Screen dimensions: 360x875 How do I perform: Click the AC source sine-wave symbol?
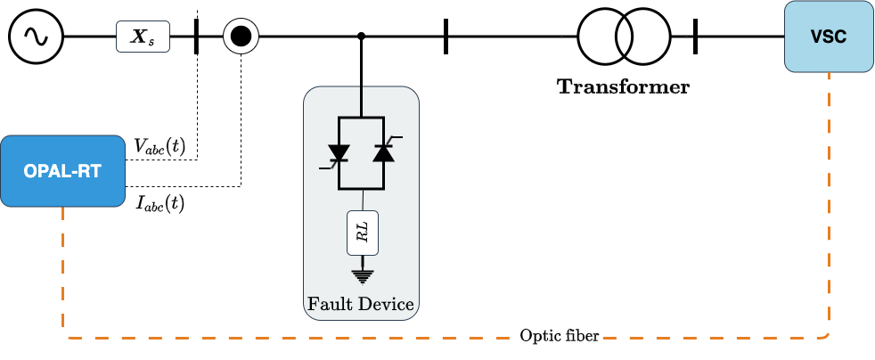tap(36, 37)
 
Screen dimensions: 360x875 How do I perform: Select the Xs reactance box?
tap(143, 37)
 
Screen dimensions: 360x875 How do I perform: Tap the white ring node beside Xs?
tap(241, 37)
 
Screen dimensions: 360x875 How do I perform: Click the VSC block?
tap(828, 37)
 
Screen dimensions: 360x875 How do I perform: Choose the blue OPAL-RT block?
tap(62, 170)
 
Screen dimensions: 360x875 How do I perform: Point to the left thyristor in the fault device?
tap(339, 153)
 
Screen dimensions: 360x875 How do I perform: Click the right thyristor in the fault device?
tap(383, 152)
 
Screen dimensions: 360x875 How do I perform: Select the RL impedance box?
tap(361, 233)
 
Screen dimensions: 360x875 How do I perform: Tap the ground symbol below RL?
tap(361, 274)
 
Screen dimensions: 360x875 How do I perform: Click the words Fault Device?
tap(361, 304)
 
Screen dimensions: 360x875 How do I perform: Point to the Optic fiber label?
tap(559, 336)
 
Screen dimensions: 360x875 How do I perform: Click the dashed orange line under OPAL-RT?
tap(63, 267)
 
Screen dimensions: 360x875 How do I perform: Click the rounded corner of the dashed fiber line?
tap(827, 335)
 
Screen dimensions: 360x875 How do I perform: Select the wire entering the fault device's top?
tap(361, 101)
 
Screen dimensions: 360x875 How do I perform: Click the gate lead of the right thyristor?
tap(396, 139)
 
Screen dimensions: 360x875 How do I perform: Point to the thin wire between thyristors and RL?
tap(361, 200)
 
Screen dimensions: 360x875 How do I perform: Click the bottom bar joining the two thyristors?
tap(361, 189)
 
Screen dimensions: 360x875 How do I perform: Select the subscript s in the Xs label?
tap(151, 41)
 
